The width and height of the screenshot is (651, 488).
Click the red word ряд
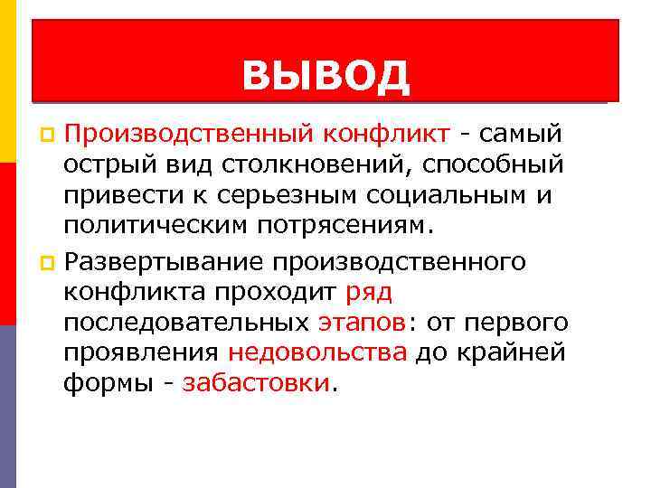pyautogui.click(x=369, y=291)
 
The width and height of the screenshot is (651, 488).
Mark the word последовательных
pyautogui.click(x=187, y=322)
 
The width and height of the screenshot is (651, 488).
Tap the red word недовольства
pyautogui.click(x=317, y=352)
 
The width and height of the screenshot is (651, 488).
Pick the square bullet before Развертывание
pyautogui.click(x=50, y=261)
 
